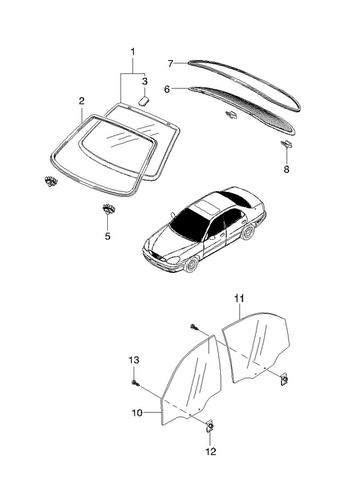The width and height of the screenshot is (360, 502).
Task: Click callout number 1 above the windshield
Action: (132, 52)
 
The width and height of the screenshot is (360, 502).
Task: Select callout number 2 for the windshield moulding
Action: (82, 101)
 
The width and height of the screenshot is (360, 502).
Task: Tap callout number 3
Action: (145, 81)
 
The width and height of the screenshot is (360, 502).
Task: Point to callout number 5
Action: (107, 237)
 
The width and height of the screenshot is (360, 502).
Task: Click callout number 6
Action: (167, 89)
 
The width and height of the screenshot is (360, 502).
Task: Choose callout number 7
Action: (171, 64)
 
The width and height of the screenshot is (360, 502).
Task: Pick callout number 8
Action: (287, 169)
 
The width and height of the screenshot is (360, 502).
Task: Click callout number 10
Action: (137, 413)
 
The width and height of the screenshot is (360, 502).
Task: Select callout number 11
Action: (239, 299)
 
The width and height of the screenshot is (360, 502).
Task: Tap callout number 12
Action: (211, 451)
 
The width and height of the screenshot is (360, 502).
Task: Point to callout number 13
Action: (134, 360)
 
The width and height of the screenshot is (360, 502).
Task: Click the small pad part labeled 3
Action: (144, 100)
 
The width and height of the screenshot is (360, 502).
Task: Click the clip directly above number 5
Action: (109, 208)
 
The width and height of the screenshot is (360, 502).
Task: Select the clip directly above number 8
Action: (287, 144)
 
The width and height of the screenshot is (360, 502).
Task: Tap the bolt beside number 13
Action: (135, 383)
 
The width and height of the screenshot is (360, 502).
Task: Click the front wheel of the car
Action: (192, 264)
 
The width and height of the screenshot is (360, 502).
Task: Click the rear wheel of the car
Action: (248, 231)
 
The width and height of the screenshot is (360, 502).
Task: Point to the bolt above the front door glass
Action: (194, 326)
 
